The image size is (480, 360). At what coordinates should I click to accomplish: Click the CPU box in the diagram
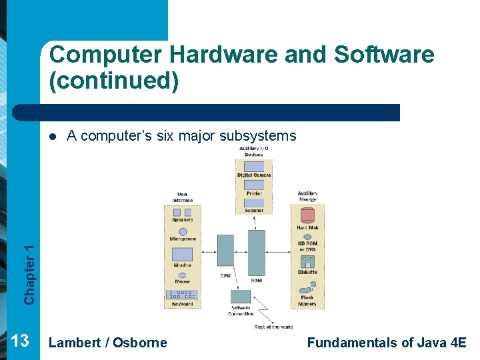pos(226,251)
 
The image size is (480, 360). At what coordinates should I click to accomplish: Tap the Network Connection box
pos(240,297)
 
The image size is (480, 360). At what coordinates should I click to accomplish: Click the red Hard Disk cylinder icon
pos(307,215)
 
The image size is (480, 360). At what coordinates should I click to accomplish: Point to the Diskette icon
pos(307,261)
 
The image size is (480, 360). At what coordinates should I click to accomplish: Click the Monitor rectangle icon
pos(182,254)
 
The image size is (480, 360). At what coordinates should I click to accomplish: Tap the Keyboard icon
pos(182,295)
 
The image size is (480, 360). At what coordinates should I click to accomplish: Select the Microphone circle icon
pos(183,231)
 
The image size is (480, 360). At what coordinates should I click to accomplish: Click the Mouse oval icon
pos(183,274)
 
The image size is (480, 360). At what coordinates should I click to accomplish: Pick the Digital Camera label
pos(254,175)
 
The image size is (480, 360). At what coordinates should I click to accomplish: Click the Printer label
pos(254,193)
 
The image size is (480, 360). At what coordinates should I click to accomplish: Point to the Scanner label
pos(254,211)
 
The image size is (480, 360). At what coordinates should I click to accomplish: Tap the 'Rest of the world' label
pos(273,327)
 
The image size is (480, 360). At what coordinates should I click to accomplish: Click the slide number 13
pos(20,341)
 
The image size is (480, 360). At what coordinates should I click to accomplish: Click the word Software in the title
pos(383,55)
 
